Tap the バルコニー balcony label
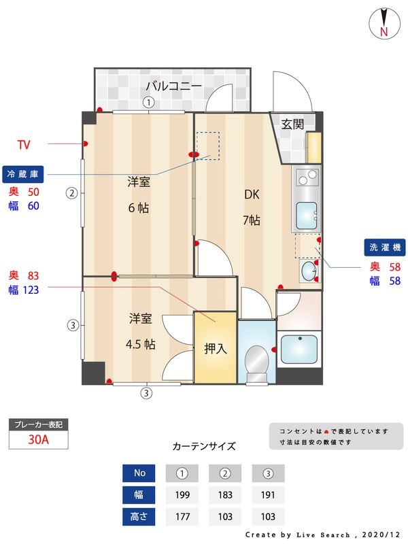173,86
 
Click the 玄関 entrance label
292,124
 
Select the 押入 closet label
215,349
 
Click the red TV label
24,144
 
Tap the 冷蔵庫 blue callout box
24,174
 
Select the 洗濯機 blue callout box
384,248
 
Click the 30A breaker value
38,439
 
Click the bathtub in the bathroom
299,350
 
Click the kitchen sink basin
307,216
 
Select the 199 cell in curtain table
182,494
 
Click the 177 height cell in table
182,516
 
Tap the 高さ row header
138,516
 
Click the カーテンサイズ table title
204,447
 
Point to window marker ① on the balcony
148,102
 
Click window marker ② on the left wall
71,192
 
